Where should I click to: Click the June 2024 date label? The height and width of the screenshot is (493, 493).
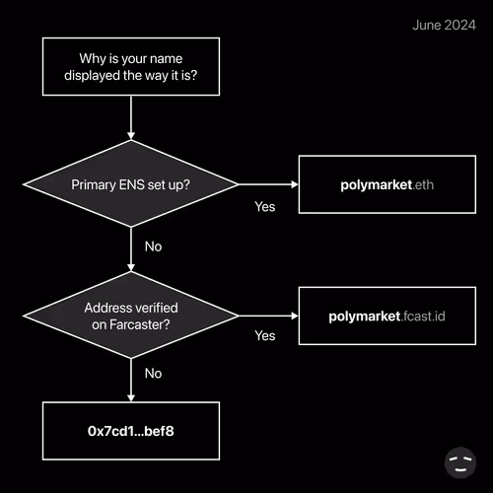444,26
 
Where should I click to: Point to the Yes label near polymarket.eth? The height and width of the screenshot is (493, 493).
265,207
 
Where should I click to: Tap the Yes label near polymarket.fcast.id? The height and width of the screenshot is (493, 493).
265,335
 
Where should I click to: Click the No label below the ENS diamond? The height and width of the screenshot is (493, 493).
153,246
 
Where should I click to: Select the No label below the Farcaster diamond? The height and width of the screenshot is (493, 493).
153,374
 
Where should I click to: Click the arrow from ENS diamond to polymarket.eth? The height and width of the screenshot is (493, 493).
268,184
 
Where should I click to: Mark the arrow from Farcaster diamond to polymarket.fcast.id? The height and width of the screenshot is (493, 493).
268,316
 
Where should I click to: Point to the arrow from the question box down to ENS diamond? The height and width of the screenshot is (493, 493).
131,117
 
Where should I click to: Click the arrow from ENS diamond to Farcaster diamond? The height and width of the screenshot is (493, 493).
131,249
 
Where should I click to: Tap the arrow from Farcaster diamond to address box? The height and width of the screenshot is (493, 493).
131,380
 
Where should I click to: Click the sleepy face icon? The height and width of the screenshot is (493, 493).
460,462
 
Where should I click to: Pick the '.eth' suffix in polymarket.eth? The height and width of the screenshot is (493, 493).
423,184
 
